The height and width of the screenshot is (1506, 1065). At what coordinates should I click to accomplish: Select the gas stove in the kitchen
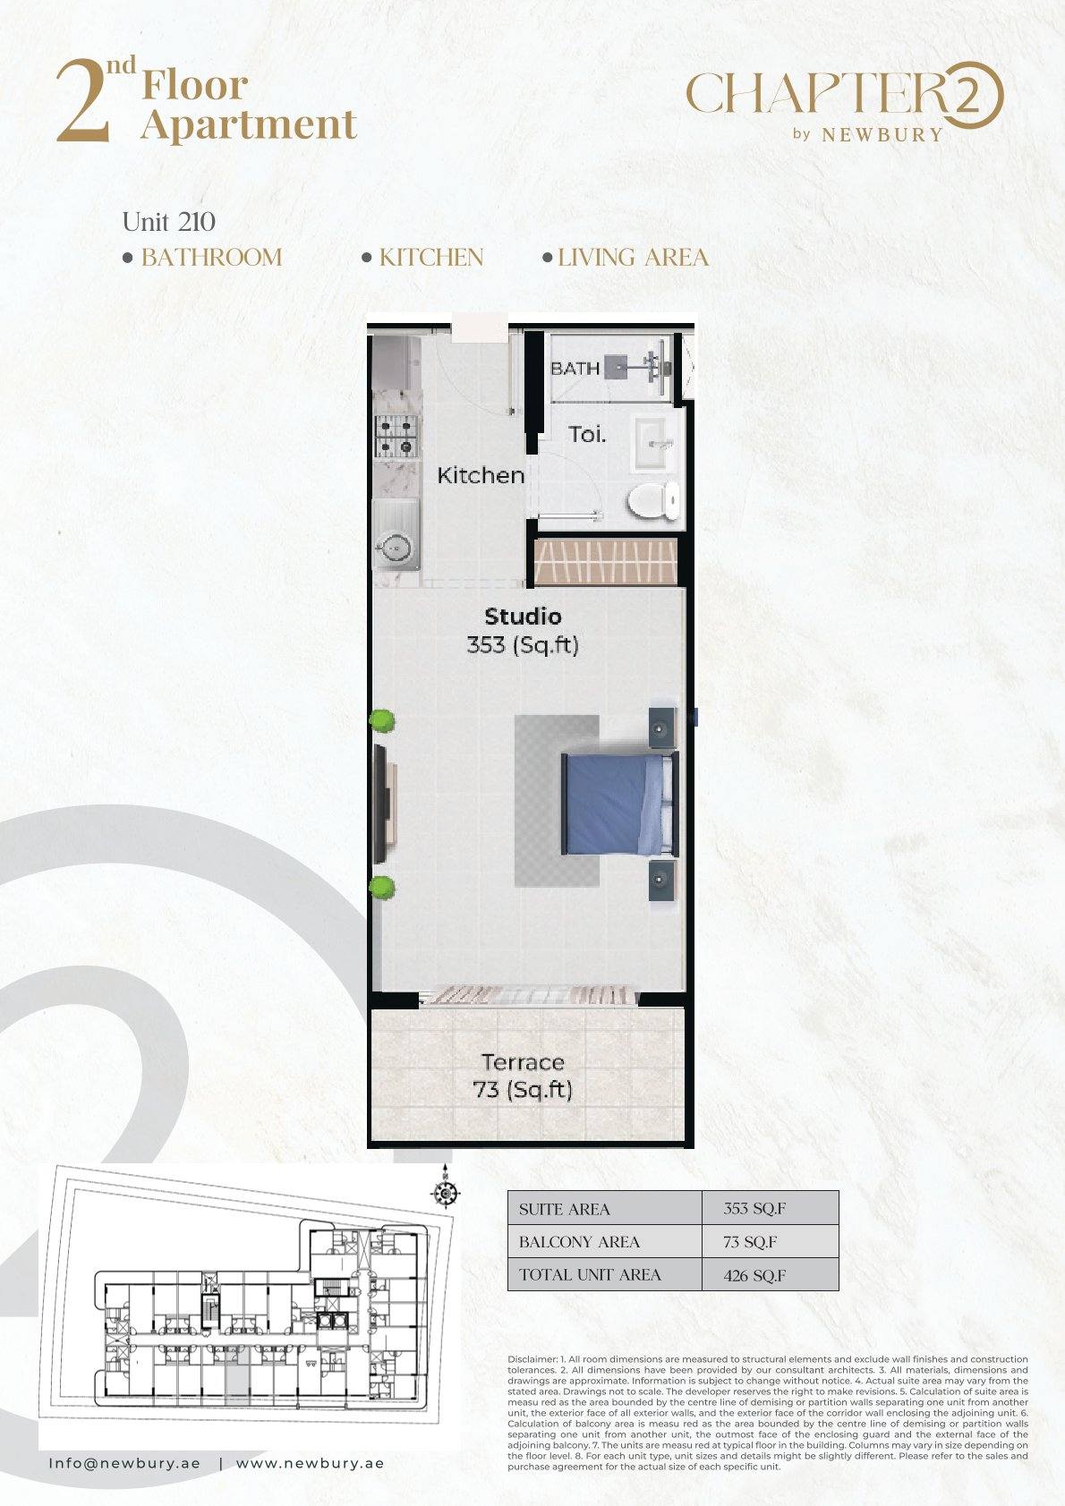(396, 436)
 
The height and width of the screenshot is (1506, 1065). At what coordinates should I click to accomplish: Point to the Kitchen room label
(481, 475)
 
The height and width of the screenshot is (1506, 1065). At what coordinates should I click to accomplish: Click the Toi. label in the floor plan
(587, 434)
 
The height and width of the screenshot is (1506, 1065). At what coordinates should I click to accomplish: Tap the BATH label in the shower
(575, 369)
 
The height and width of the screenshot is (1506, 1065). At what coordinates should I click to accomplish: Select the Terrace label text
(523, 1062)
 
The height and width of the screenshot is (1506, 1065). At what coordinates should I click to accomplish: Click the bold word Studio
(523, 616)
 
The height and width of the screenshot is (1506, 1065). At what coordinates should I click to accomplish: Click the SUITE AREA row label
(564, 1210)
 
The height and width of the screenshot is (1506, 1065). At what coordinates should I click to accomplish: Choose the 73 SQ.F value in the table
(750, 1242)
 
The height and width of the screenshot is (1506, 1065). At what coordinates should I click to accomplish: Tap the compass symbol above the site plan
(445, 1194)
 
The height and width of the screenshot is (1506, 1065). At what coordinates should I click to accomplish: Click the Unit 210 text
(169, 222)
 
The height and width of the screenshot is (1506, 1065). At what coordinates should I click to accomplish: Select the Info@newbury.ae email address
(124, 1464)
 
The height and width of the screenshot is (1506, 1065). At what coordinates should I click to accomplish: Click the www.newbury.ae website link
(310, 1464)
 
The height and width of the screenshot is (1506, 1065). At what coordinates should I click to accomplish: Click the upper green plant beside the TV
(382, 720)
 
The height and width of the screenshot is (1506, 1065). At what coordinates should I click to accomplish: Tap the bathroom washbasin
(652, 444)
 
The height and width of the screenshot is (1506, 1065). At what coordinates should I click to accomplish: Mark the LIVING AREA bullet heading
(626, 258)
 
